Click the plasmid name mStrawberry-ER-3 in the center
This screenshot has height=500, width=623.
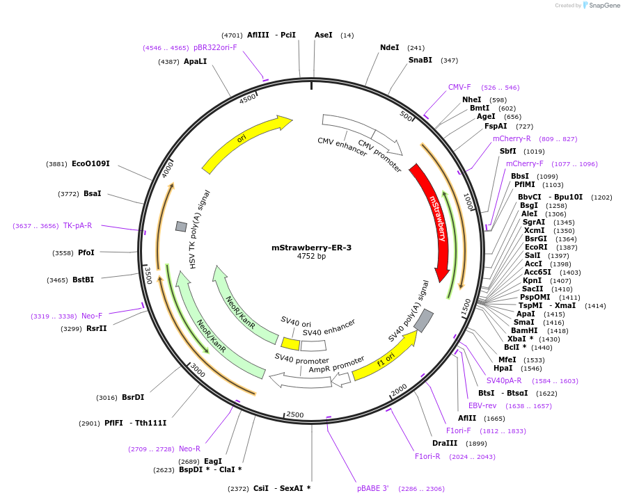click(311, 248)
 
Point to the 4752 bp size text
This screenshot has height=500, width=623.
click(311, 257)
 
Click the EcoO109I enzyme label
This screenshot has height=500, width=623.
click(90, 164)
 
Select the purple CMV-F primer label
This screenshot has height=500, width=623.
click(459, 88)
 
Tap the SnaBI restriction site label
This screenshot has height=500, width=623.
click(420, 61)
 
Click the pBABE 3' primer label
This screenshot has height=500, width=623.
click(372, 488)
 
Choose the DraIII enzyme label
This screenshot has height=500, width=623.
click(443, 444)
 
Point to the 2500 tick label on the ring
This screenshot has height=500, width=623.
click(295, 414)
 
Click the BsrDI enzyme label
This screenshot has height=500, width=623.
click(133, 398)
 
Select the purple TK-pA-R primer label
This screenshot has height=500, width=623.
click(77, 225)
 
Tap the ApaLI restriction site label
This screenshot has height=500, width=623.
click(195, 62)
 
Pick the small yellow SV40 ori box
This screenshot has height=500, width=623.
click(290, 344)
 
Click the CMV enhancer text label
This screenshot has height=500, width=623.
click(342, 147)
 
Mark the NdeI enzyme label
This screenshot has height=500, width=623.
click(390, 48)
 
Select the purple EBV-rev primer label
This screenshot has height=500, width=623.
click(482, 405)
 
